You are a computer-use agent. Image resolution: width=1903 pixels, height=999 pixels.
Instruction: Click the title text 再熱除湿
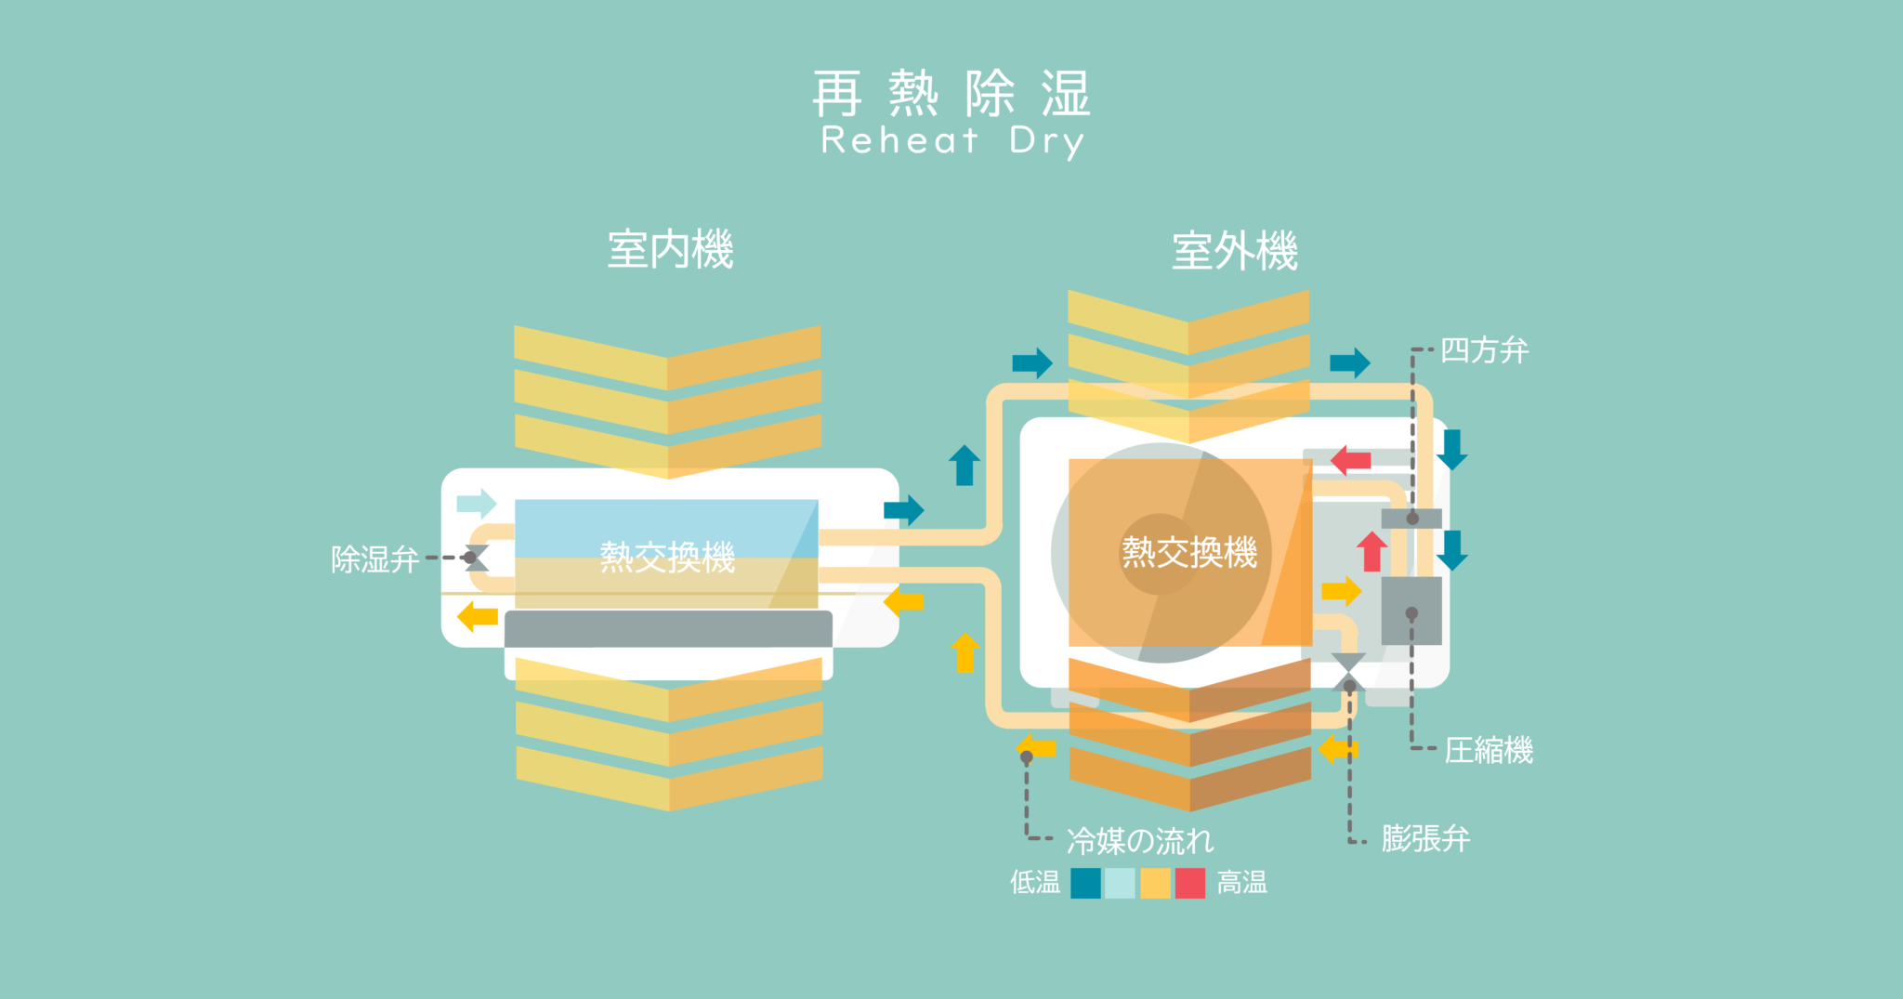[951, 93]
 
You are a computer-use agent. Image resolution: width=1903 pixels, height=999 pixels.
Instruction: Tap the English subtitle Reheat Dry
[952, 141]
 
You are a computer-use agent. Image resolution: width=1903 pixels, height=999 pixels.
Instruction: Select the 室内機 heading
[670, 250]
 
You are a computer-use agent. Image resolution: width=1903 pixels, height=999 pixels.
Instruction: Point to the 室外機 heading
[1234, 251]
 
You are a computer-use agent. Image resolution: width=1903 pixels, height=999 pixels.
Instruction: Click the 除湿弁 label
[375, 559]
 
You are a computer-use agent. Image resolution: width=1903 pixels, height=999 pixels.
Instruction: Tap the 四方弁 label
[1484, 350]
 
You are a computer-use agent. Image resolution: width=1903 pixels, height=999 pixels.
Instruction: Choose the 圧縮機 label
[1489, 750]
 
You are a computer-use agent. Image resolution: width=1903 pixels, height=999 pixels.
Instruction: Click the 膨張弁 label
[1425, 839]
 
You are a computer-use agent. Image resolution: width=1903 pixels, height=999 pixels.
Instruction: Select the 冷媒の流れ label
[1140, 841]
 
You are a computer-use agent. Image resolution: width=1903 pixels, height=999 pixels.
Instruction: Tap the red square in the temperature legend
[1190, 883]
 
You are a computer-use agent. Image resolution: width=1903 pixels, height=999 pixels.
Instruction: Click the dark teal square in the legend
[1085, 883]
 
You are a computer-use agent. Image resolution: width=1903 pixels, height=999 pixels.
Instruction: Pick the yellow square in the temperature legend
[1155, 883]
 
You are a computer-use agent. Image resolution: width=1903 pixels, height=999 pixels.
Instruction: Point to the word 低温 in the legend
[1035, 882]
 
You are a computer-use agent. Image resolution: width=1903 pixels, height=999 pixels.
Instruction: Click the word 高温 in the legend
[1242, 882]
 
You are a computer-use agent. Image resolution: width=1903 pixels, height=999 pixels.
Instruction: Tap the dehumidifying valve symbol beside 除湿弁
[476, 558]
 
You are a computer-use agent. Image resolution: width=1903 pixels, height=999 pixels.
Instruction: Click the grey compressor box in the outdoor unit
[1411, 611]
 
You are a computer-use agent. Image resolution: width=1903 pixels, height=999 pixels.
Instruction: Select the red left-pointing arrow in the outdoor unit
[1350, 460]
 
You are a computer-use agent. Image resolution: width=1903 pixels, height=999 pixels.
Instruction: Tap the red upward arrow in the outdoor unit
[1371, 551]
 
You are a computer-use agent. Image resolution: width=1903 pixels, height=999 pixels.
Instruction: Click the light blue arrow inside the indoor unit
[477, 504]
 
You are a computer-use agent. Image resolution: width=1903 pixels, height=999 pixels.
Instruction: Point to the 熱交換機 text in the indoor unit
[667, 557]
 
